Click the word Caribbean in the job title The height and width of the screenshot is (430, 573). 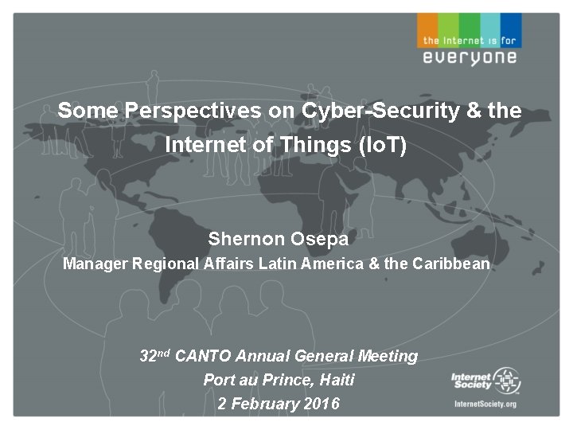[451, 264]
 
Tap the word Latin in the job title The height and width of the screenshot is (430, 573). [274, 264]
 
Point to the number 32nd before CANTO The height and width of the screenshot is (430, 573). [154, 356]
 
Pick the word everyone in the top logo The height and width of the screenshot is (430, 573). [470, 57]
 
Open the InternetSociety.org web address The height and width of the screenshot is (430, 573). [485, 404]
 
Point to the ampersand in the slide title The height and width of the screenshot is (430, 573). [474, 111]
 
